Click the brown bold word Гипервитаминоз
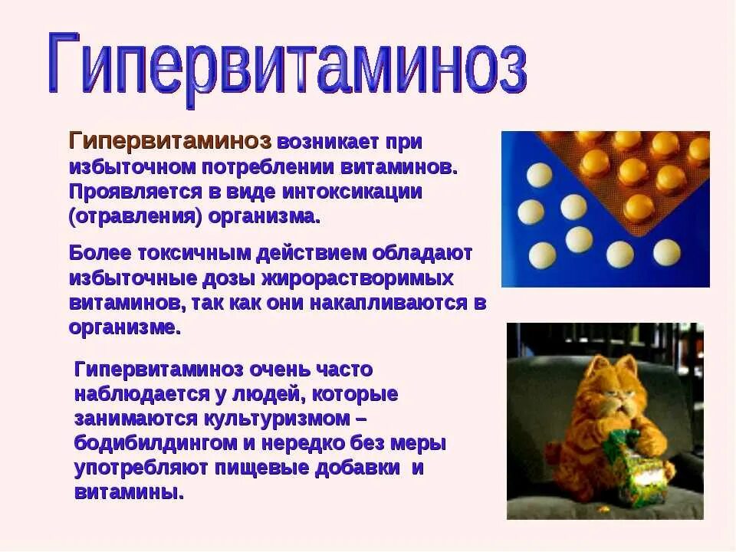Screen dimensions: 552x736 click(x=170, y=142)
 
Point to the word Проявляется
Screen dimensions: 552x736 click(x=134, y=192)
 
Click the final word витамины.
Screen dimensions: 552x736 click(x=129, y=492)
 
